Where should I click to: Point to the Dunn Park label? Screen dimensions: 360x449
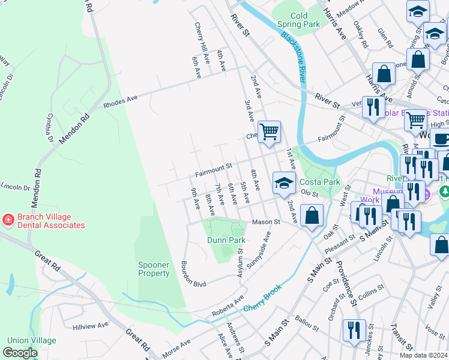[x=226, y=240]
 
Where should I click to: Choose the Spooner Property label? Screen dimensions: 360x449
[x=154, y=269]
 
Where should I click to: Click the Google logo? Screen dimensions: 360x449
[x=20, y=353]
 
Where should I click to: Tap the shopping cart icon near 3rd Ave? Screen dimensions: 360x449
[x=269, y=131]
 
